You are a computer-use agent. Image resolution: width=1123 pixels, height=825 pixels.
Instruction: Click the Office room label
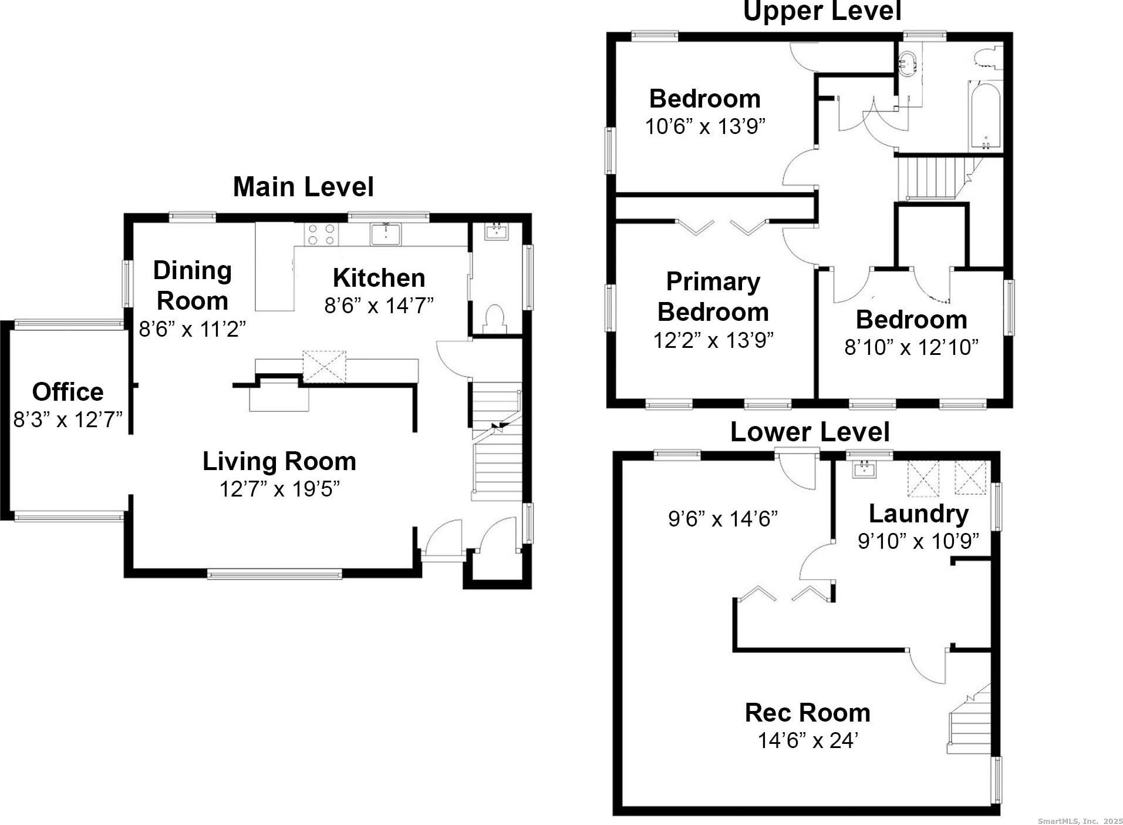click(x=68, y=392)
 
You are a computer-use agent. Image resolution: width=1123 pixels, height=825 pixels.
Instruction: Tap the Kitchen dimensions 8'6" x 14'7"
click(x=379, y=306)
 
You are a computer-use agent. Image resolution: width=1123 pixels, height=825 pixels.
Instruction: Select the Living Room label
click(x=279, y=461)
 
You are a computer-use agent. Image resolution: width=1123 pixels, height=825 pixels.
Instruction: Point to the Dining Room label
click(x=193, y=286)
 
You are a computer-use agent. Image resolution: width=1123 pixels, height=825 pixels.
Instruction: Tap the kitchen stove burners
click(x=322, y=234)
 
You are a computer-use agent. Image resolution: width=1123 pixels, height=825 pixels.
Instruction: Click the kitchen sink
click(x=386, y=234)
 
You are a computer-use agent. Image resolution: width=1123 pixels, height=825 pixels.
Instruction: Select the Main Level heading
click(x=303, y=187)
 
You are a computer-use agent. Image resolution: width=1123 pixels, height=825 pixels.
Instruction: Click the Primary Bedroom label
click(x=713, y=297)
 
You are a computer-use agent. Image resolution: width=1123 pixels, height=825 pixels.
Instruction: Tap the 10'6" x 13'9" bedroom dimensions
click(x=705, y=126)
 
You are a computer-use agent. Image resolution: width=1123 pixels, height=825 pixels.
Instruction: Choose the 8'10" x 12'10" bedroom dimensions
click(x=911, y=347)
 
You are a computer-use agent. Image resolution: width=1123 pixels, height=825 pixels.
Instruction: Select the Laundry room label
click(x=918, y=514)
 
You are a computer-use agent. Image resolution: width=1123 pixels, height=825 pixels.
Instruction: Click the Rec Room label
click(x=807, y=713)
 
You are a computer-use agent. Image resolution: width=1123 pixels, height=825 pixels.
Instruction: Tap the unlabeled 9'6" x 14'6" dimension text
click(x=723, y=519)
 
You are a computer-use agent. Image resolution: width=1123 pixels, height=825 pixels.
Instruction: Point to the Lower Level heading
click(x=810, y=432)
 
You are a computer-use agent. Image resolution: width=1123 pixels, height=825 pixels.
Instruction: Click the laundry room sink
click(x=864, y=468)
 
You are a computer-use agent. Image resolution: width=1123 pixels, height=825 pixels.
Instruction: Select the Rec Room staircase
click(x=969, y=723)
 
